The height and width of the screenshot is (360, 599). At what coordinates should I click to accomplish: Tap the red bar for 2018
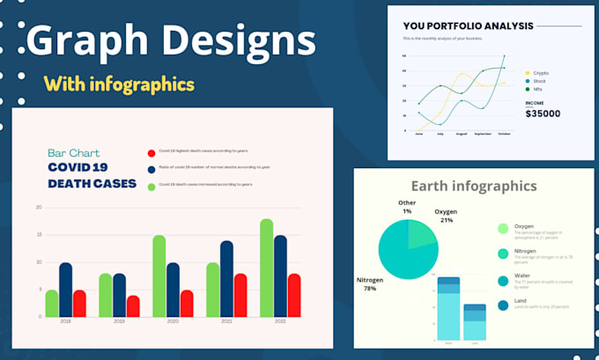[x=79, y=304]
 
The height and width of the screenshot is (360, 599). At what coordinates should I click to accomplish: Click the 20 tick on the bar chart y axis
[x=39, y=208]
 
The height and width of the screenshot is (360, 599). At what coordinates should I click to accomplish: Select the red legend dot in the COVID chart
[x=152, y=151]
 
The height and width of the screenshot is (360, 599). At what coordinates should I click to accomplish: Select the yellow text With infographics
[x=119, y=84]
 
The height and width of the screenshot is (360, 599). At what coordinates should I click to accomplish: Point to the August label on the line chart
[x=460, y=135]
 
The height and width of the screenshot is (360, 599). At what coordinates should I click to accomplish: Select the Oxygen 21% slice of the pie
[x=422, y=233]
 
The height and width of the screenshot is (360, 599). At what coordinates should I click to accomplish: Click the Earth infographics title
[x=473, y=186]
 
